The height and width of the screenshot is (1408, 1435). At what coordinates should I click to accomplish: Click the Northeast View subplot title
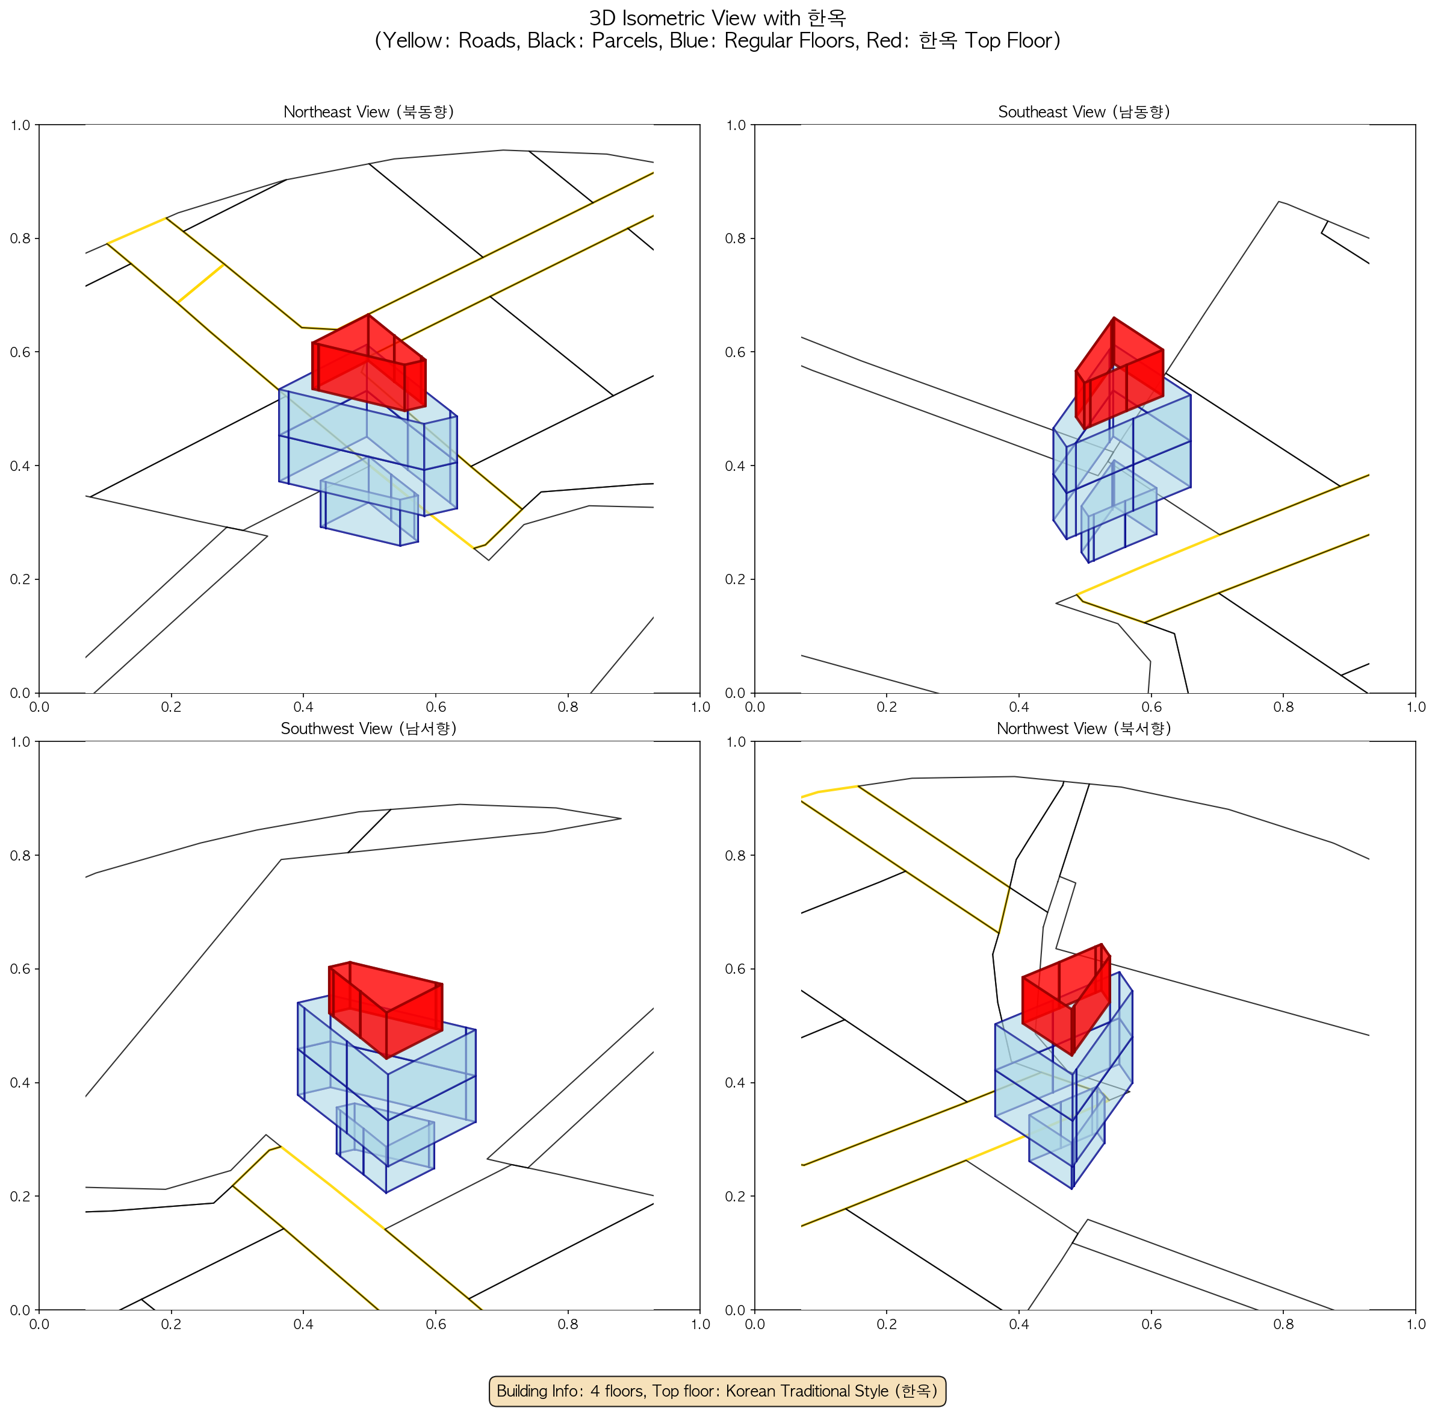pos(368,111)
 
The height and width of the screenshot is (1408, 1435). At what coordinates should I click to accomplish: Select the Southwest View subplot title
pos(368,729)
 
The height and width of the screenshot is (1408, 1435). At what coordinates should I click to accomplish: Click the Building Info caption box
pos(717,1391)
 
